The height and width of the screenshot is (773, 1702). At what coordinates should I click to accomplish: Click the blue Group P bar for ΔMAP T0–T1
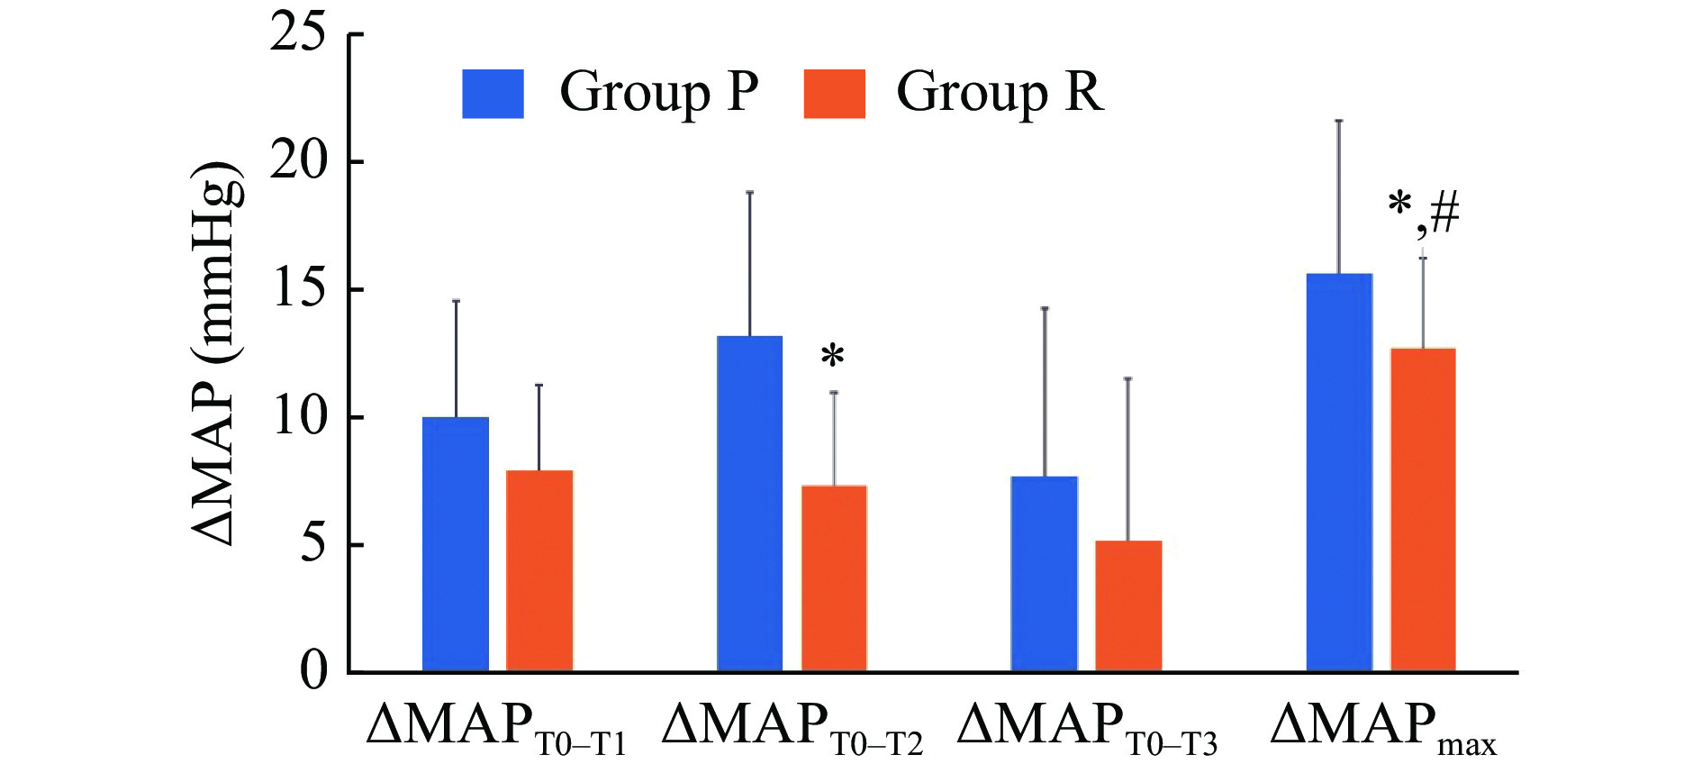(456, 544)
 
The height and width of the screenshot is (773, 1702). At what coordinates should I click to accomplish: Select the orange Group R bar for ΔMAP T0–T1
(539, 571)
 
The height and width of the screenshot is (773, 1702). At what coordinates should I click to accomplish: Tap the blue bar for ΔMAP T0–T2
(749, 504)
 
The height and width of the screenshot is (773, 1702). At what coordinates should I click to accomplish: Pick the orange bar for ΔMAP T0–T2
(834, 578)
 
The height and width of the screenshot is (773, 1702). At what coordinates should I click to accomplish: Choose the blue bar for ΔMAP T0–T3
(1045, 574)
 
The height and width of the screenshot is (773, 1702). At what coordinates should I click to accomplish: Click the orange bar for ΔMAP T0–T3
(1128, 606)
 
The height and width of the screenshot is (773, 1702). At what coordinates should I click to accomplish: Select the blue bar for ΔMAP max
(1339, 472)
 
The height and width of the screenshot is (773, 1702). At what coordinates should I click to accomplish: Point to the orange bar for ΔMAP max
(1423, 510)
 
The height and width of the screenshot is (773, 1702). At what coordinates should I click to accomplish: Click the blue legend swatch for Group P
(493, 94)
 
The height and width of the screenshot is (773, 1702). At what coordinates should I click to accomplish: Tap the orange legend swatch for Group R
(834, 94)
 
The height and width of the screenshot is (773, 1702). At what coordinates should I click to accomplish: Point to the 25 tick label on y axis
(298, 34)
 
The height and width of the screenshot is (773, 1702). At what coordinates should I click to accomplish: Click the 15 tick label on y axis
(298, 289)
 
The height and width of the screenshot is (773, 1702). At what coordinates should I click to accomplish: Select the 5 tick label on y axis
(312, 544)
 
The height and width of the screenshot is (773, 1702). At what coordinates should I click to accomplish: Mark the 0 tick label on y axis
(313, 671)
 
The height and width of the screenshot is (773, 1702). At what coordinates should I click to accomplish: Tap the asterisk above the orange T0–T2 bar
(833, 356)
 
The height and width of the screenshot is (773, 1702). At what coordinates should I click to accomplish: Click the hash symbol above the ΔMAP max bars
(1444, 214)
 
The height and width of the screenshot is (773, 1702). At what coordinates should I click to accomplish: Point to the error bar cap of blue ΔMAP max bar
(1339, 121)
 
